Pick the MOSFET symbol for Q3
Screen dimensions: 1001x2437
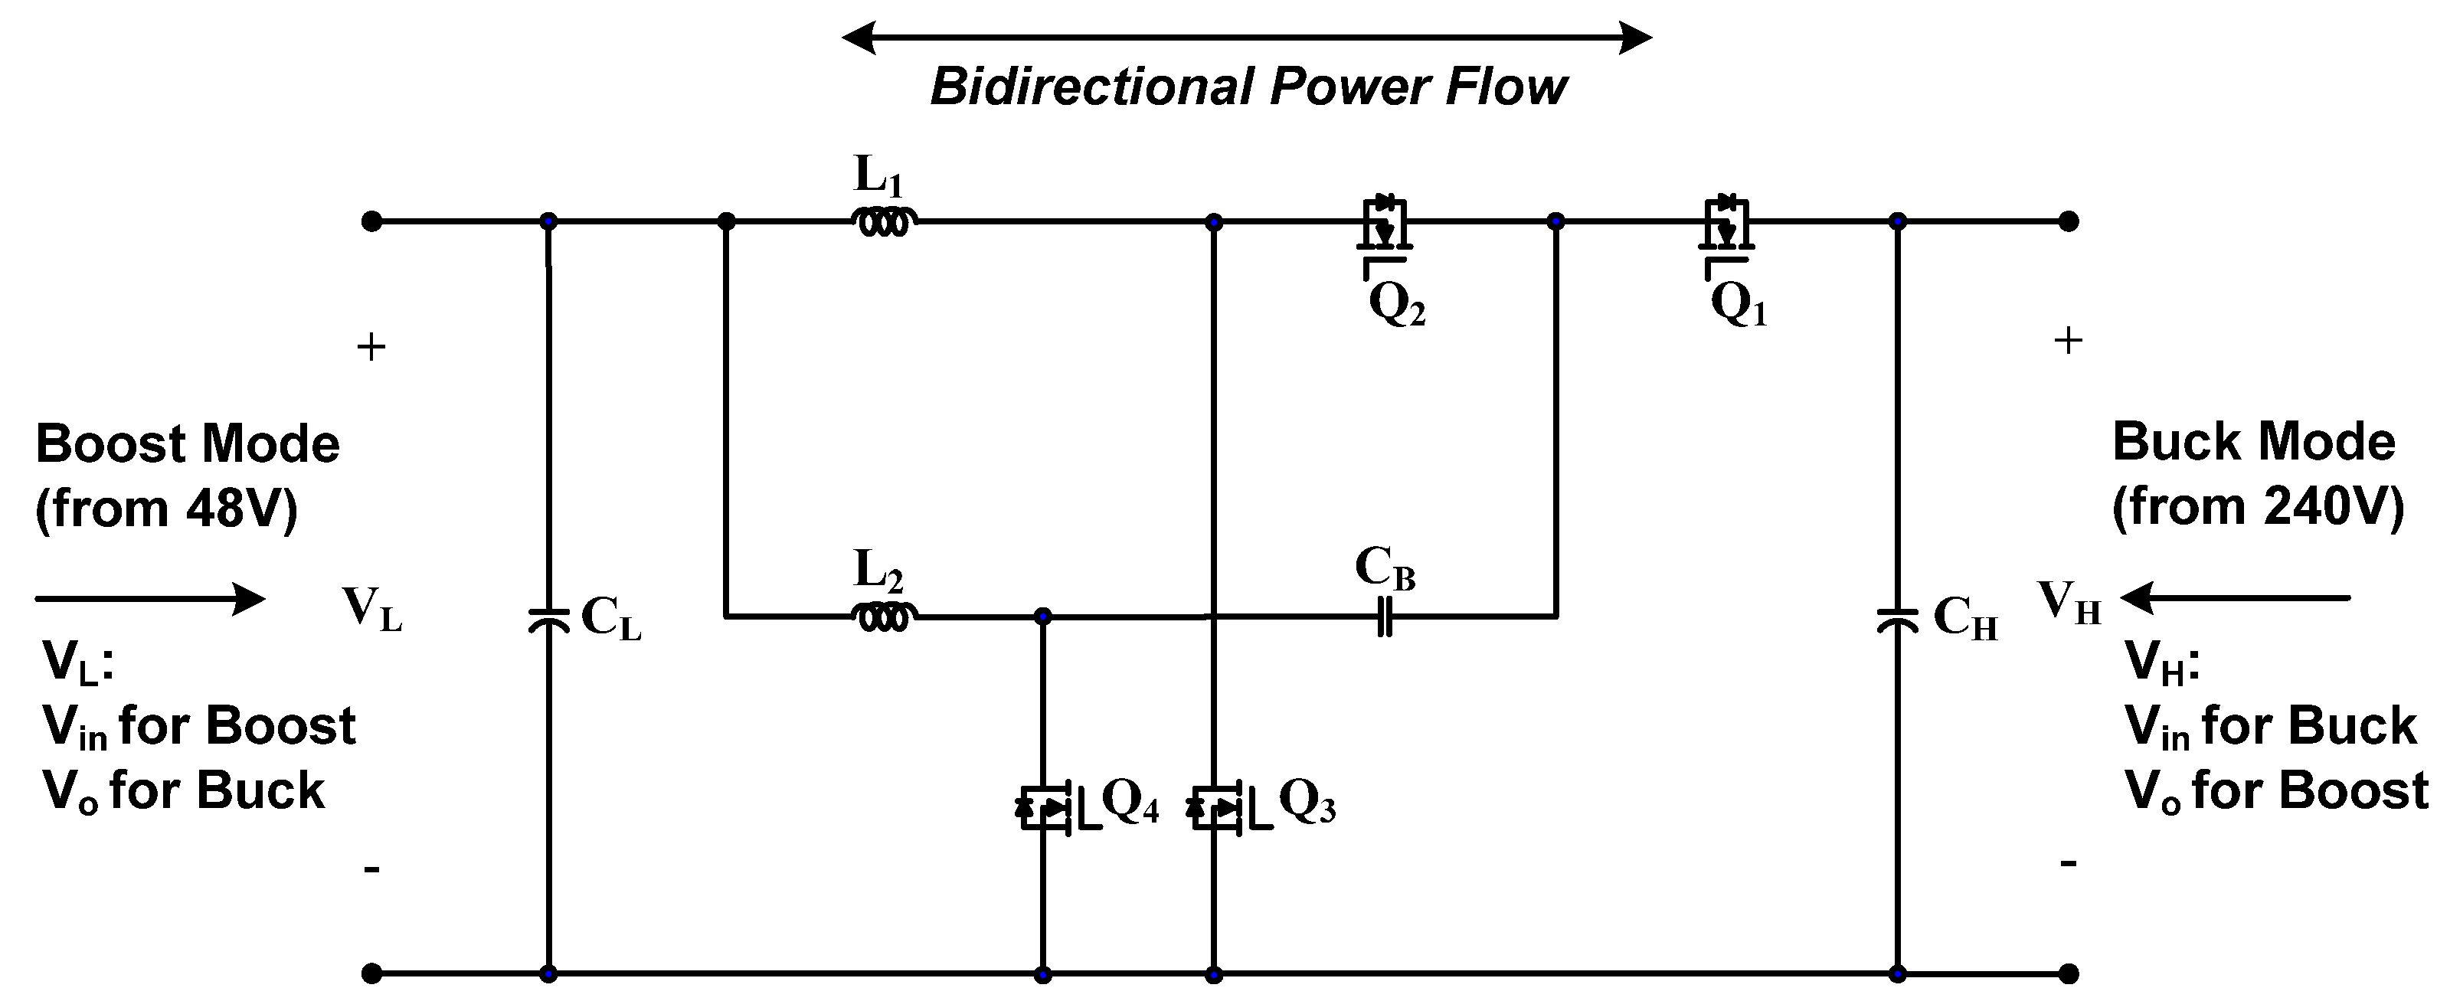pyautogui.click(x=1220, y=808)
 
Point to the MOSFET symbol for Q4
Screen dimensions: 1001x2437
pyautogui.click(x=1048, y=808)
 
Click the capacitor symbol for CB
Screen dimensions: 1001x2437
pyautogui.click(x=1384, y=617)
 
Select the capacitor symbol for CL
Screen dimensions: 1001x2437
pyautogui.click(x=548, y=620)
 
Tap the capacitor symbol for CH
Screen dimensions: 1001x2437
pyautogui.click(x=1897, y=620)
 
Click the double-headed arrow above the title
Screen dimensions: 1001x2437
pyautogui.click(x=1247, y=38)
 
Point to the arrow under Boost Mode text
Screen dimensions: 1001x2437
pyautogui.click(x=149, y=599)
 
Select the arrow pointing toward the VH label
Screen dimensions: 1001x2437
pyautogui.click(x=2235, y=598)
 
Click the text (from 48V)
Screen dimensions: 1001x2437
pyautogui.click(x=166, y=509)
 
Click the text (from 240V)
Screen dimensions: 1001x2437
pyautogui.click(x=2257, y=507)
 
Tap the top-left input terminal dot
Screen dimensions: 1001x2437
pyautogui.click(x=371, y=221)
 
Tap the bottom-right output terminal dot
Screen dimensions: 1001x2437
pyautogui.click(x=2069, y=973)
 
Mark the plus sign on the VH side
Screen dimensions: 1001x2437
pyautogui.click(x=2068, y=341)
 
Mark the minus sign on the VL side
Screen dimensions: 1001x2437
pyautogui.click(x=371, y=869)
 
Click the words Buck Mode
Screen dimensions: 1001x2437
pyautogui.click(x=2253, y=442)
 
